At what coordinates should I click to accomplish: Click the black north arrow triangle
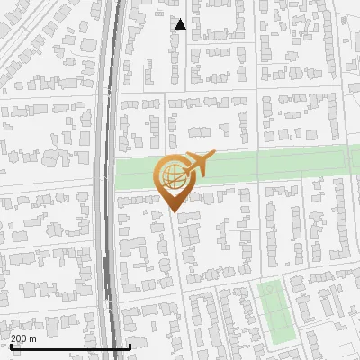point(180,24)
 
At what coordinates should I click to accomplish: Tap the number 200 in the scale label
point(20,338)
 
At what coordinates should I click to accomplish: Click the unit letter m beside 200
point(33,338)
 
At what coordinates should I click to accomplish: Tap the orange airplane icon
point(199,163)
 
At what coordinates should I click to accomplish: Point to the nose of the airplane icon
point(212,157)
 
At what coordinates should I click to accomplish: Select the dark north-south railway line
point(110,180)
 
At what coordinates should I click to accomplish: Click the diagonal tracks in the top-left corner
point(27,36)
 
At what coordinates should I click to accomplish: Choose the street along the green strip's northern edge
point(270,147)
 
